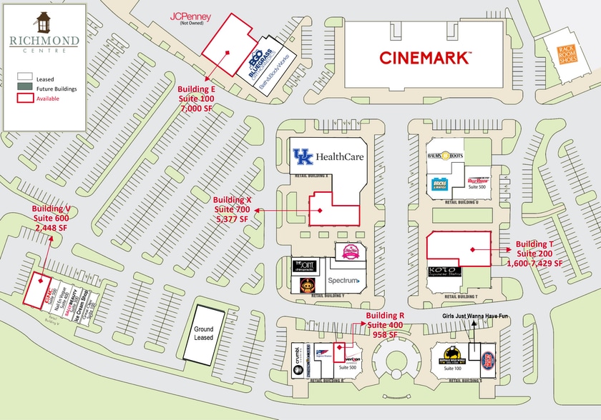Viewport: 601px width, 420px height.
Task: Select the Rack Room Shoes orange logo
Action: point(567,50)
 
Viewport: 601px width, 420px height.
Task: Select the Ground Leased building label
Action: point(204,333)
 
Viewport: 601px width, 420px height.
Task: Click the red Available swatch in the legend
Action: point(24,99)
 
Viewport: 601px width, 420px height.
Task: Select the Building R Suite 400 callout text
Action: point(386,325)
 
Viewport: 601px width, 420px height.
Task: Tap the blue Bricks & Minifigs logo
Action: point(440,184)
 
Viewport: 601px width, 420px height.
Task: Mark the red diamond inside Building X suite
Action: point(321,211)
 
